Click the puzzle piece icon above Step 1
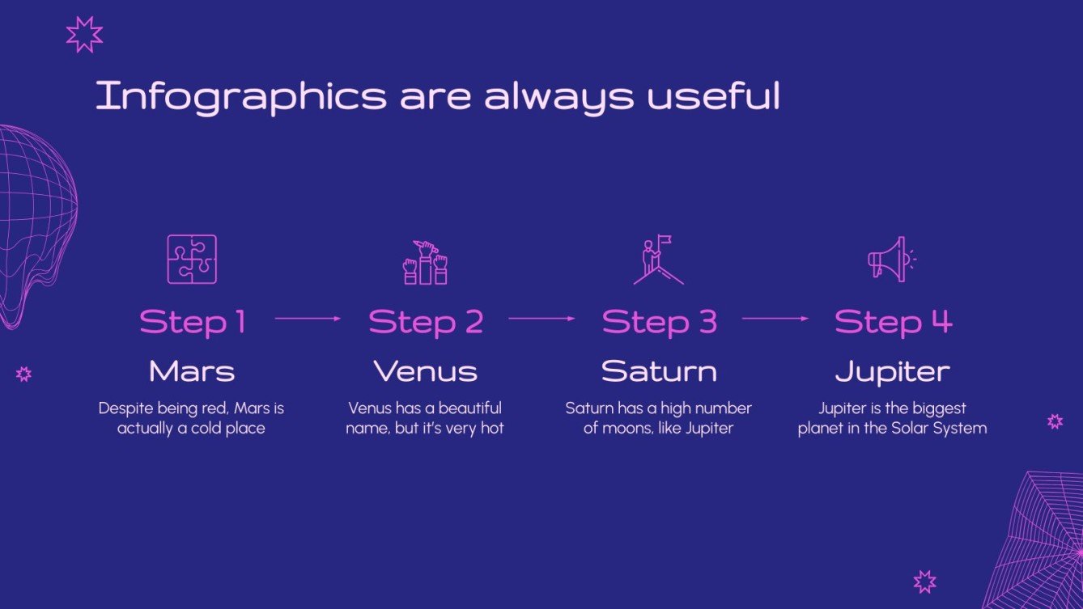[192, 259]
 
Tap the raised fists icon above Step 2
[425, 261]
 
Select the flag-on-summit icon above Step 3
[658, 260]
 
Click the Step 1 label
[192, 322]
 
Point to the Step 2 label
[426, 322]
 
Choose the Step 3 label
[659, 322]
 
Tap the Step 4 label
[893, 322]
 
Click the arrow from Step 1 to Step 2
[308, 319]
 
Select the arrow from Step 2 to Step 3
[541, 319]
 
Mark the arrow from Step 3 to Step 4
[775, 319]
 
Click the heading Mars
[192, 372]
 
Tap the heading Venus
[425, 372]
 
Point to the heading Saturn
[659, 372]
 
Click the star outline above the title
[84, 35]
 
